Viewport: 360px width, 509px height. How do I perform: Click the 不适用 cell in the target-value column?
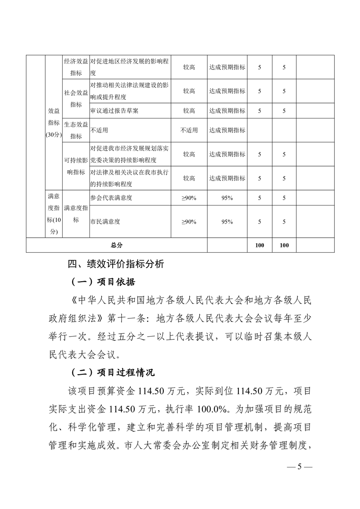189,130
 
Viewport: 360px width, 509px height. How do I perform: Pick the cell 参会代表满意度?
111,198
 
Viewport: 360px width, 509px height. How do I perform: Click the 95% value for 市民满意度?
227,222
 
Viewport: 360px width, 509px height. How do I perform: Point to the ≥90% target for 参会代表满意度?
189,198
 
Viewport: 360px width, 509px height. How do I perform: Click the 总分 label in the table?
117,245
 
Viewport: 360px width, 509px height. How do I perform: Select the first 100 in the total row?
260,245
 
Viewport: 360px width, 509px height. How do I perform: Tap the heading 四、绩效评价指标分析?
116,264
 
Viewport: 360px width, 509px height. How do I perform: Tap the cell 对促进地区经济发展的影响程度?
129,67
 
